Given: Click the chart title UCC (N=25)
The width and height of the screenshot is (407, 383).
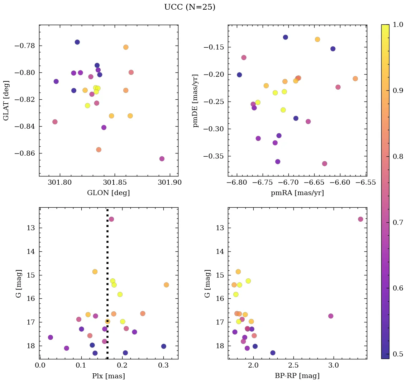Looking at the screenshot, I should [x=190, y=7].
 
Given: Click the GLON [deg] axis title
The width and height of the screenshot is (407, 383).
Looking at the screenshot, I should [x=108, y=193].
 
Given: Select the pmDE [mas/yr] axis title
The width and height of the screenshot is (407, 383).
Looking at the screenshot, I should [x=196, y=100].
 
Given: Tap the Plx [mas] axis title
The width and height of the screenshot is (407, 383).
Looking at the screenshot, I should [x=108, y=376].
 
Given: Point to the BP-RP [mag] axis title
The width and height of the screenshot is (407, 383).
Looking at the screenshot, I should [x=297, y=376].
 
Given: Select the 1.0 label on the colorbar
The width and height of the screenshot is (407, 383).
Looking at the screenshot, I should [x=398, y=24].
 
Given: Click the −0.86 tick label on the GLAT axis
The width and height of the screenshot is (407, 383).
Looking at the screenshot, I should [x=25, y=153].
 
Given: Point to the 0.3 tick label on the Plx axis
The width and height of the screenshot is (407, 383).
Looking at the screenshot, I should [x=163, y=366].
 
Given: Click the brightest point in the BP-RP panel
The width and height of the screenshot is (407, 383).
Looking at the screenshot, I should [x=360, y=219].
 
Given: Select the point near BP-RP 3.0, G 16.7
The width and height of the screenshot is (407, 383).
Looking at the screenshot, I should [x=331, y=316].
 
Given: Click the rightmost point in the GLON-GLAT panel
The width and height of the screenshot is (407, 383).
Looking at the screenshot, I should [x=162, y=159].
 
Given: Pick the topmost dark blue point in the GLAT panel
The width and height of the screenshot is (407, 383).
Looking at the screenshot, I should [x=77, y=42].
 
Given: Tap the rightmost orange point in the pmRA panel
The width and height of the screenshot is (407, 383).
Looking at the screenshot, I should [x=355, y=79].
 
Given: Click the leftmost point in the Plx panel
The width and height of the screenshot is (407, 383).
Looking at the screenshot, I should [x=51, y=337].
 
